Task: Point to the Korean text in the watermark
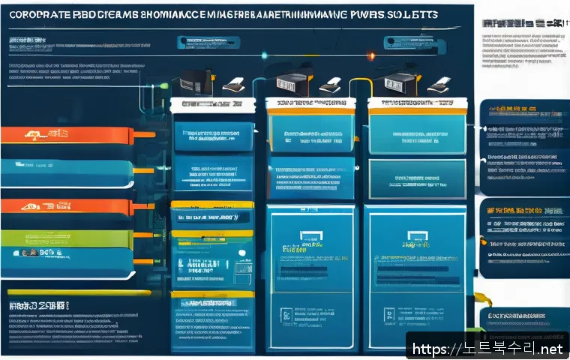496,348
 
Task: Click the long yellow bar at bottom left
45,292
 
